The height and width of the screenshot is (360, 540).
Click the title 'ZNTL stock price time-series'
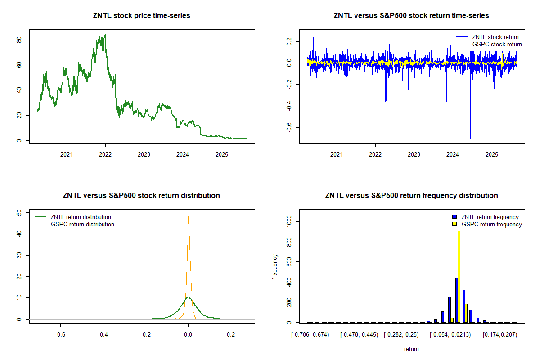click(141, 16)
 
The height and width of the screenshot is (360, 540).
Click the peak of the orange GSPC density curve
click(189, 216)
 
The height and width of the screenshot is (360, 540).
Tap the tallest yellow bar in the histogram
click(459, 274)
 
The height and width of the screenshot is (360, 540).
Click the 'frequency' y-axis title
click(275, 267)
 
